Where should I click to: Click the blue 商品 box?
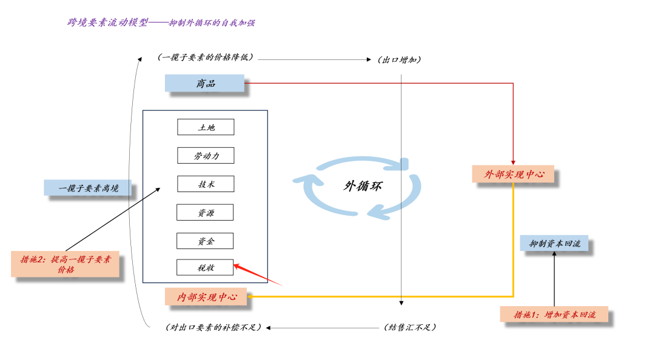click(205, 83)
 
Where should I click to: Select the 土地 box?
click(206, 127)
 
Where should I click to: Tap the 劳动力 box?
click(206, 156)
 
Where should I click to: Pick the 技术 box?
click(206, 184)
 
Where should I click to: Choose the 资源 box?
click(205, 213)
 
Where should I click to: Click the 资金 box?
click(205, 241)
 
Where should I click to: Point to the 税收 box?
click(205, 267)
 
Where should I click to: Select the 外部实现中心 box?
click(513, 175)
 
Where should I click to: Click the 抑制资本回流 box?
click(554, 244)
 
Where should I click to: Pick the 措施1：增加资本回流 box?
click(554, 315)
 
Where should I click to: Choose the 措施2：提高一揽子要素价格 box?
click(65, 264)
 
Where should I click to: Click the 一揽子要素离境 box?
click(87, 188)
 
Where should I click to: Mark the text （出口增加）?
click(399, 60)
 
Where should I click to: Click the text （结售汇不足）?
click(410, 327)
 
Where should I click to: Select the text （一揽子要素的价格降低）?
click(204, 58)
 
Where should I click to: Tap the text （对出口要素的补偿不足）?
click(213, 327)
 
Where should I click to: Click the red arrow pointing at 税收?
click(257, 274)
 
